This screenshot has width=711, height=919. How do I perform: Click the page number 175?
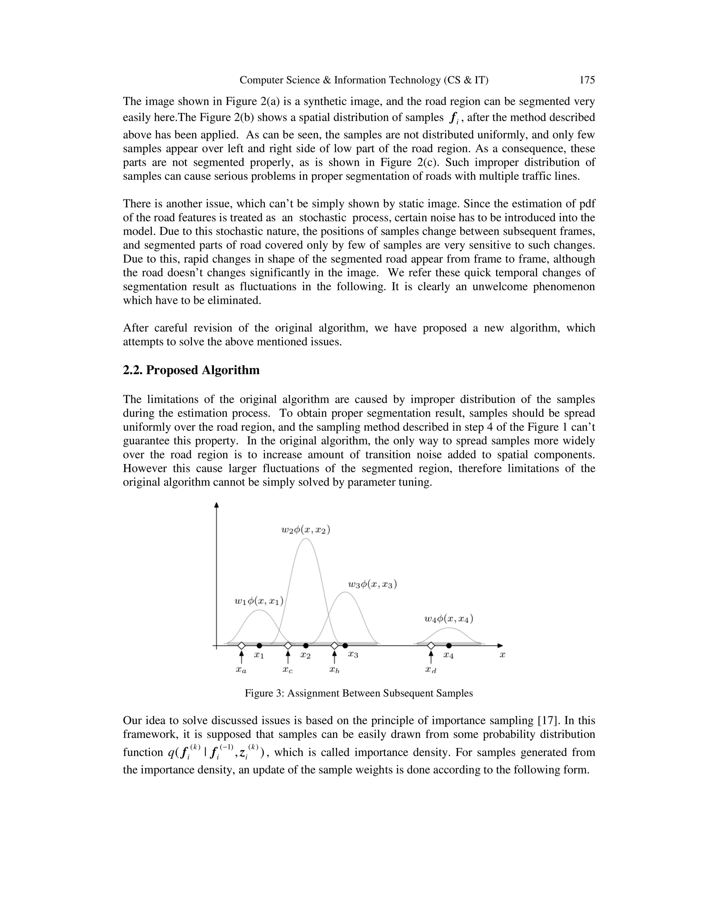(x=587, y=80)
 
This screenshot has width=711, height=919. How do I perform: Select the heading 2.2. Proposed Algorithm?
(x=191, y=370)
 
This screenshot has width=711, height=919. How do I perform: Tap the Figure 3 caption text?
(x=358, y=693)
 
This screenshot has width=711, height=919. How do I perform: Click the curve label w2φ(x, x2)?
(x=306, y=530)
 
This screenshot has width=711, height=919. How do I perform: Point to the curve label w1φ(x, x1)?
(x=259, y=601)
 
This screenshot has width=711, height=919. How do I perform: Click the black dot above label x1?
(x=259, y=645)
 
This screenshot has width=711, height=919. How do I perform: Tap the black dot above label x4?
(x=449, y=645)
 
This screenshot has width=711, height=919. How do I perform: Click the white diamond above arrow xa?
(x=241, y=645)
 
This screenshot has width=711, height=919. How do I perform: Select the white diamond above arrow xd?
(x=431, y=645)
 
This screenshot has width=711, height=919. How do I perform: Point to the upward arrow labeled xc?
(x=288, y=657)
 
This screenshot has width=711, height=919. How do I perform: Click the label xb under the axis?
(x=334, y=670)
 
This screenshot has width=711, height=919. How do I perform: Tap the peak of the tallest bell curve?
(x=306, y=539)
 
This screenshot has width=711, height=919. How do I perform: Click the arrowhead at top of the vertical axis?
(x=217, y=505)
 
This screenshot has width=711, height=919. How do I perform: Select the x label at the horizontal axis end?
(x=502, y=655)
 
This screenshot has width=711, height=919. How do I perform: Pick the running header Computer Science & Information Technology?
(x=364, y=80)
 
